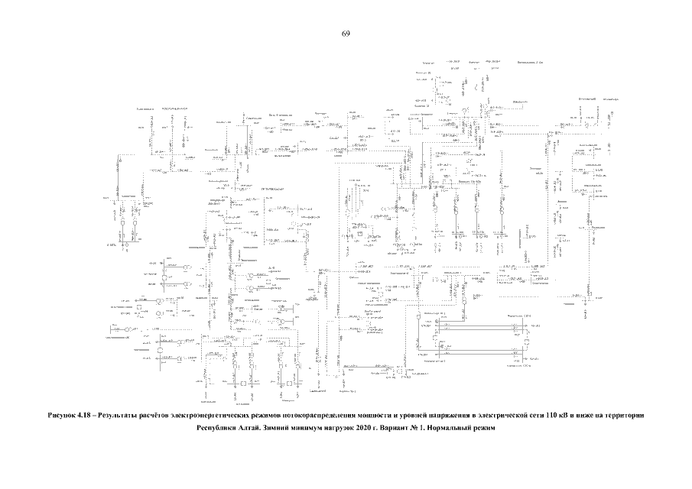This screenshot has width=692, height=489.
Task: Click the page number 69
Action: click(346, 34)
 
